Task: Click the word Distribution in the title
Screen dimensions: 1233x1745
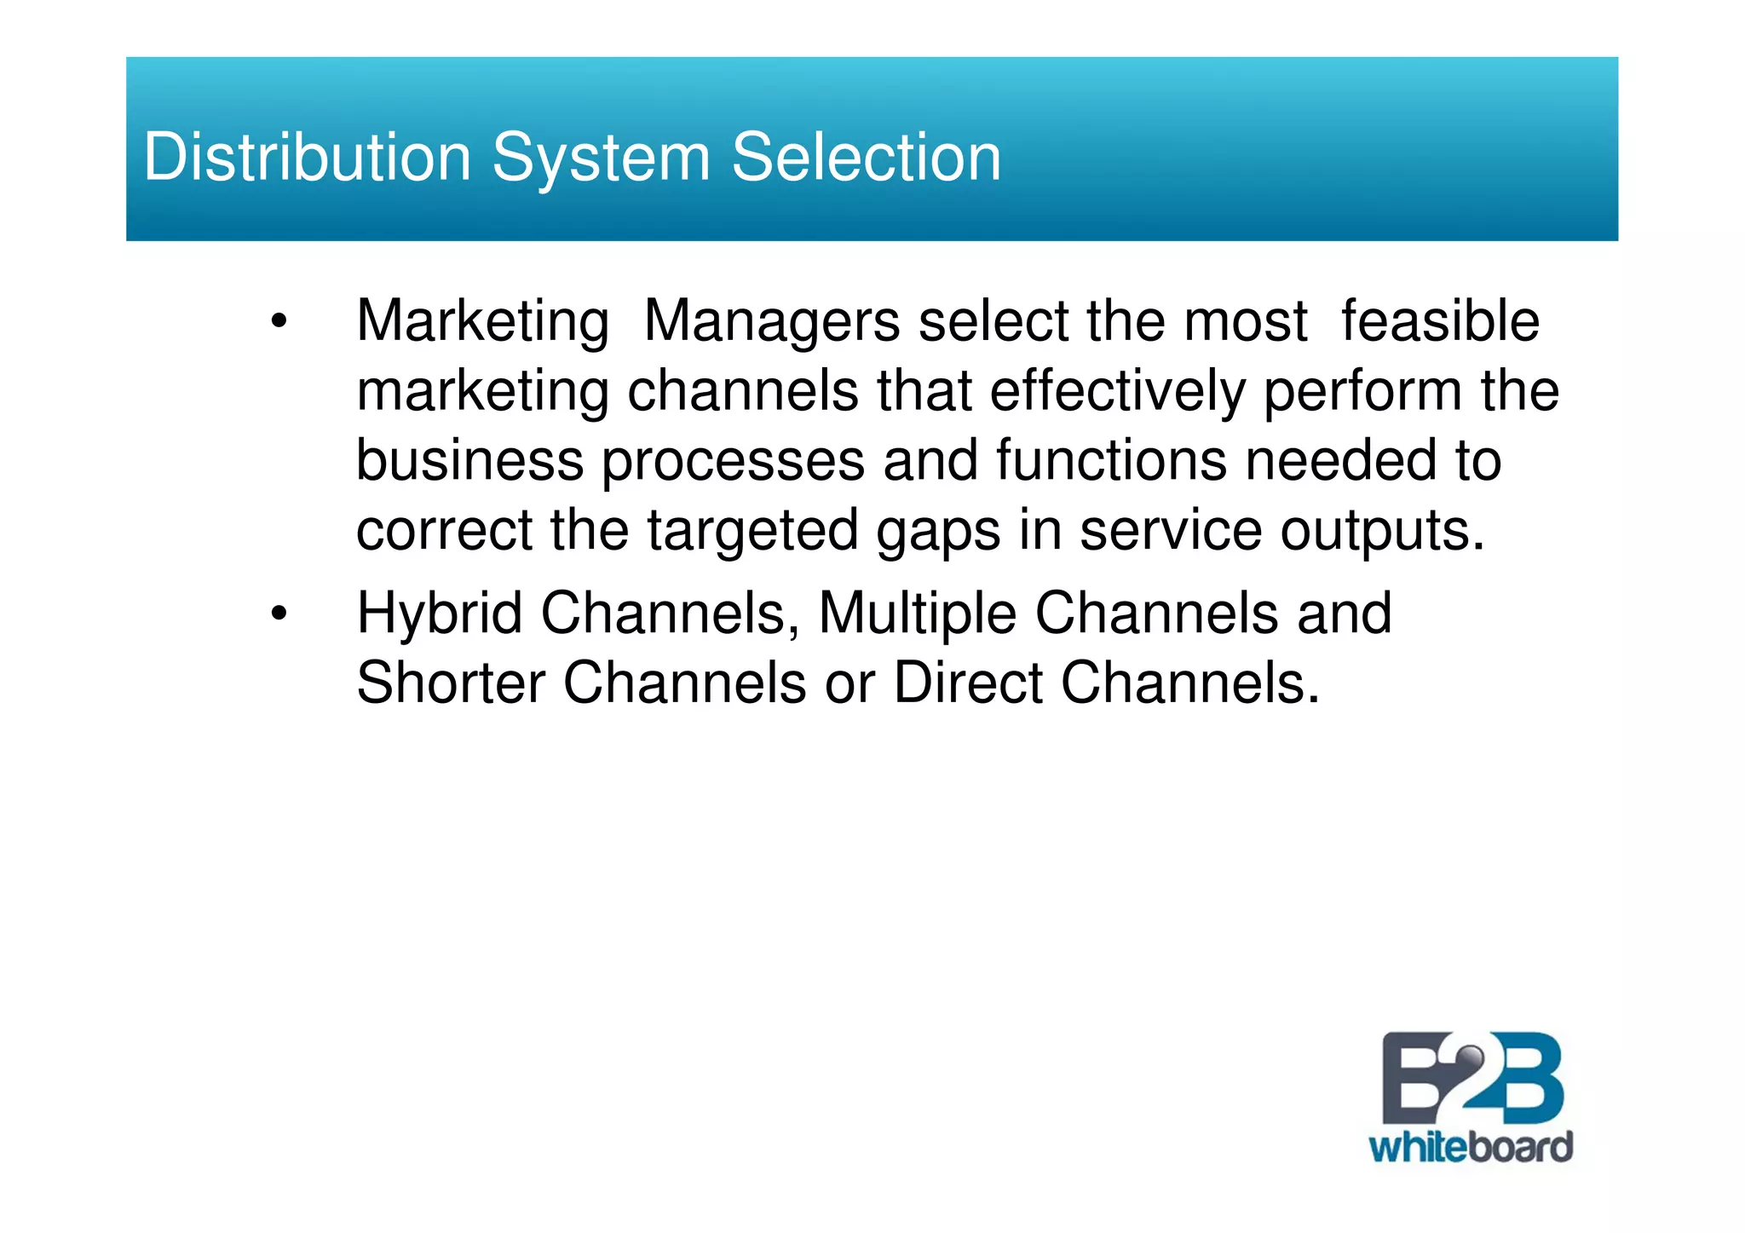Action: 307,158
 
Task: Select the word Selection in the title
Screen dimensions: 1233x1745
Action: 866,158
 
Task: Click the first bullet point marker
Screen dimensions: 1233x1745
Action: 279,323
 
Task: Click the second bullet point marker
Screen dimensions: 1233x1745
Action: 279,614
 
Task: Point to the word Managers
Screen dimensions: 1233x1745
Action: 771,322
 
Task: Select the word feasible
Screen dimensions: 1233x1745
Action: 1439,321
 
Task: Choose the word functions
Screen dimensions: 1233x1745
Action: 1111,460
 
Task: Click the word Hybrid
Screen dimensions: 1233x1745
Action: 439,614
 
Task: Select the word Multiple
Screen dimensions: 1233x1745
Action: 917,614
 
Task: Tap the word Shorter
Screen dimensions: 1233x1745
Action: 450,683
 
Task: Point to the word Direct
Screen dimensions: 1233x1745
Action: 967,683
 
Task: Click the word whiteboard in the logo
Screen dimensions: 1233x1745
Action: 1470,1148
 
